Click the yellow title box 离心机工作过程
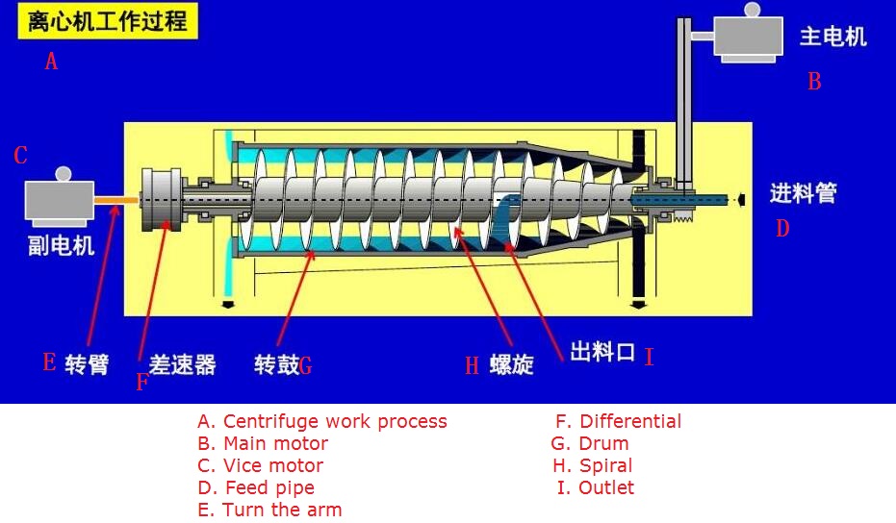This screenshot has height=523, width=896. tap(107, 20)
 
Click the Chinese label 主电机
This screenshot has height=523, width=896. tap(833, 37)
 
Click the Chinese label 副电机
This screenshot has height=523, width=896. tap(61, 245)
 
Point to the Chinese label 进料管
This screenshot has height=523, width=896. tap(803, 193)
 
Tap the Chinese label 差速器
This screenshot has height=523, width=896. tap(182, 364)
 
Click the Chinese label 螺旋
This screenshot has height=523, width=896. tap(512, 364)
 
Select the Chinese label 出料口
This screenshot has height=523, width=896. tap(602, 352)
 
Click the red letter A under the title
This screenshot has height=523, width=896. tap(52, 62)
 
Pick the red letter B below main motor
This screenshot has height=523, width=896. tap(814, 82)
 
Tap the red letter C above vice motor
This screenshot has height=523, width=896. tap(21, 156)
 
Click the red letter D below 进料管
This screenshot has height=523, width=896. tap(782, 229)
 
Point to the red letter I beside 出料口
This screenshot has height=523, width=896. tap(650, 358)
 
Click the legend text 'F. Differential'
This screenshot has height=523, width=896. tap(618, 421)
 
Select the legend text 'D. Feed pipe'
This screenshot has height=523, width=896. tap(256, 487)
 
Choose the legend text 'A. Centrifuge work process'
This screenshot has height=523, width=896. tap(322, 421)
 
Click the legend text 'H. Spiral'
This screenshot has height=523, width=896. tap(591, 465)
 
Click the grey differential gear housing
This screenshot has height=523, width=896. tap(162, 200)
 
